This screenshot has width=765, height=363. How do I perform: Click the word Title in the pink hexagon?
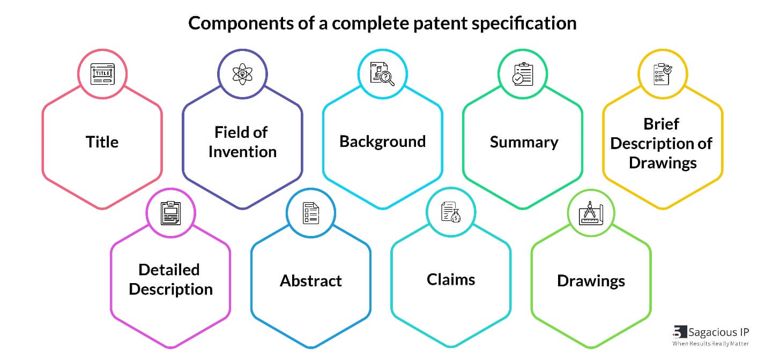tap(102, 142)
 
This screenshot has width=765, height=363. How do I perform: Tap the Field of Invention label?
tap(242, 142)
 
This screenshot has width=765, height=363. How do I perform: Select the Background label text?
tap(382, 142)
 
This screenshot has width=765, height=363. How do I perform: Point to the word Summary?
tap(523, 143)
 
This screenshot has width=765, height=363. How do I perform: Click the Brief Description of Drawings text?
tap(662, 143)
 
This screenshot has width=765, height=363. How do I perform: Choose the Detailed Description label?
tap(170, 279)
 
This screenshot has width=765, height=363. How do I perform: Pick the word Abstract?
tap(310, 281)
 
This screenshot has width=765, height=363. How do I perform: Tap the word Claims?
tap(451, 279)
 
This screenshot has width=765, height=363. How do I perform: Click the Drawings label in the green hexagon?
tap(591, 281)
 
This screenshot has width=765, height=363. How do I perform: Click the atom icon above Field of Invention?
tap(242, 74)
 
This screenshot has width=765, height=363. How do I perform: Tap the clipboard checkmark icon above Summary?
tap(523, 74)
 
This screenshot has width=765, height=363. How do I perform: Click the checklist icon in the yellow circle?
tap(663, 74)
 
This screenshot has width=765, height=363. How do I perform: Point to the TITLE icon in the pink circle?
tap(102, 74)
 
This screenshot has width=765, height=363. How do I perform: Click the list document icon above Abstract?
tap(310, 213)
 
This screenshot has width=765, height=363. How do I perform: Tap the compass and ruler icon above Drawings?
tap(591, 213)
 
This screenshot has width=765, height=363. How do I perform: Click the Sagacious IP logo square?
tap(680, 332)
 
